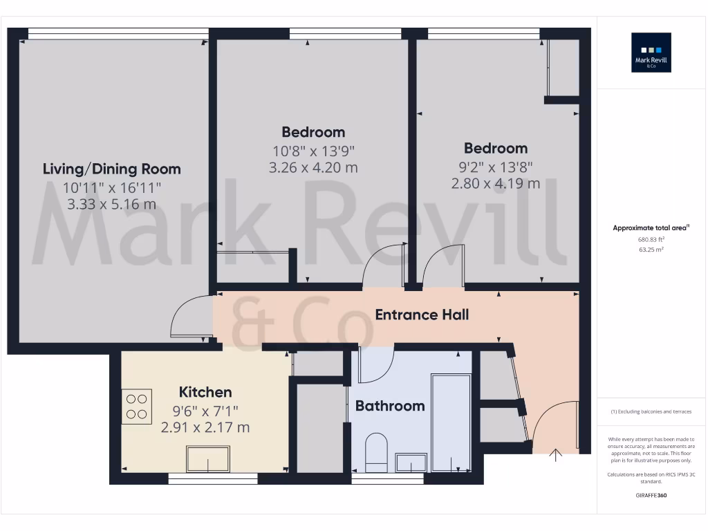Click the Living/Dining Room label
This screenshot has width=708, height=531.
111,169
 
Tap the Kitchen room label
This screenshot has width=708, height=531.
205,392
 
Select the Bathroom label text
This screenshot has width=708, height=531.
390,406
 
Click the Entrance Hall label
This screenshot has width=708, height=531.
422,315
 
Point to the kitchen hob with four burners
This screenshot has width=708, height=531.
137,407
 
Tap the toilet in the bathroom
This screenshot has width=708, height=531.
376,452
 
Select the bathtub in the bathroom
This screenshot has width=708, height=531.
451,422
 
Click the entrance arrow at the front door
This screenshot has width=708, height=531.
556,454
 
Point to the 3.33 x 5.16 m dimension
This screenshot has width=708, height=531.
111,204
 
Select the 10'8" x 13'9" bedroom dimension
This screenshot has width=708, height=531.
313,150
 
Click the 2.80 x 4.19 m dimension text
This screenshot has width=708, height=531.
495,183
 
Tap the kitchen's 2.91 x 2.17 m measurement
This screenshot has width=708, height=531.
205,427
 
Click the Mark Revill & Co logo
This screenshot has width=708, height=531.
651,53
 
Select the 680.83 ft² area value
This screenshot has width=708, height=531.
651,239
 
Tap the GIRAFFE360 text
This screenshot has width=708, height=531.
651,495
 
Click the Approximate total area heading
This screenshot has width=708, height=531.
651,227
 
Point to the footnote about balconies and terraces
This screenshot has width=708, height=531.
651,411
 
